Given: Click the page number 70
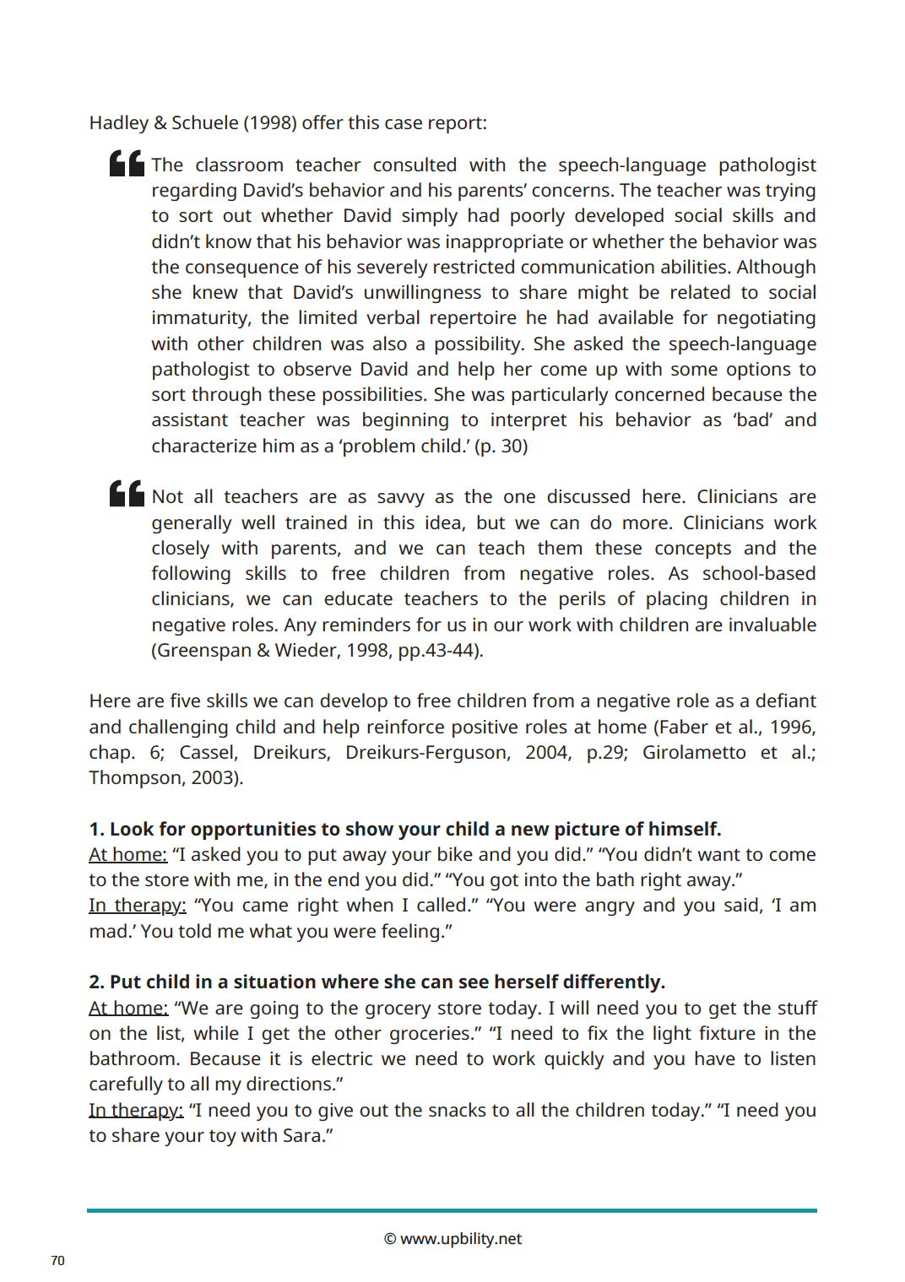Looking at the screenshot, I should pos(57,1260).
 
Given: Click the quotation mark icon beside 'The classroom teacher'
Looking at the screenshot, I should pos(127,163).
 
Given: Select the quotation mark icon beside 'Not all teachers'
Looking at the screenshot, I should pos(127,494).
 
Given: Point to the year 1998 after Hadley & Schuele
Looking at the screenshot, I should pos(270,122).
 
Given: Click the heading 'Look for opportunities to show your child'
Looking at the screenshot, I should pos(405,829).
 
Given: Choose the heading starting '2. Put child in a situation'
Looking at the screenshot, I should pos(377,982).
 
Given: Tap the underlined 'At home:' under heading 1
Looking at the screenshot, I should pos(128,854).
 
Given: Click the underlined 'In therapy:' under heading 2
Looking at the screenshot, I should pos(136,1110).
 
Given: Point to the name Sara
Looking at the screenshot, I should pos(303,1135).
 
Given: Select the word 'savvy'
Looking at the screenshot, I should pos(401,496).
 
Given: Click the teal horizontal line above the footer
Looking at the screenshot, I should pos(452,1210).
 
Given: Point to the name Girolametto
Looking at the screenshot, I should pos(694,752).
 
